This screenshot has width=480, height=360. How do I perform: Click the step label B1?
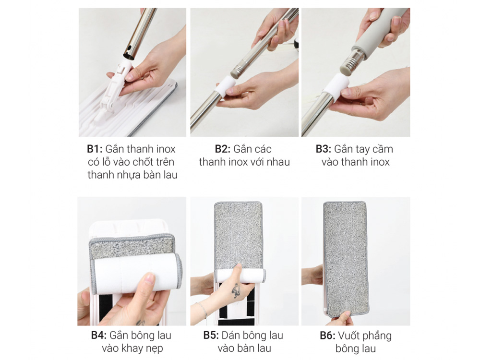pos(95,149)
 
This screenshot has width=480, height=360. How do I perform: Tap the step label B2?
pos(223,149)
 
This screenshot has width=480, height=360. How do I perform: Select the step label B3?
pos(324,149)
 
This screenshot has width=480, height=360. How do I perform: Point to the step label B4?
pos(98,335)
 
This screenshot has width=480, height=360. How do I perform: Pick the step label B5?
pos(211,335)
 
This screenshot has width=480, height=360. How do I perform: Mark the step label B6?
pos(327,336)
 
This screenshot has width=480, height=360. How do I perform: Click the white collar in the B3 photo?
pos(336,84)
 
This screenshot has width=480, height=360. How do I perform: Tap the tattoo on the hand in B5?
pos(236,290)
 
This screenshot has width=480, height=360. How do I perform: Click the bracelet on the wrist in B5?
pos(201,309)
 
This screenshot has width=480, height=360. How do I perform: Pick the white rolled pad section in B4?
pos(137,271)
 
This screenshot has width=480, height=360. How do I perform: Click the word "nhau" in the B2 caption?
pos(278,162)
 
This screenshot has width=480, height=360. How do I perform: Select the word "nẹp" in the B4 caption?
pos(155,348)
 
